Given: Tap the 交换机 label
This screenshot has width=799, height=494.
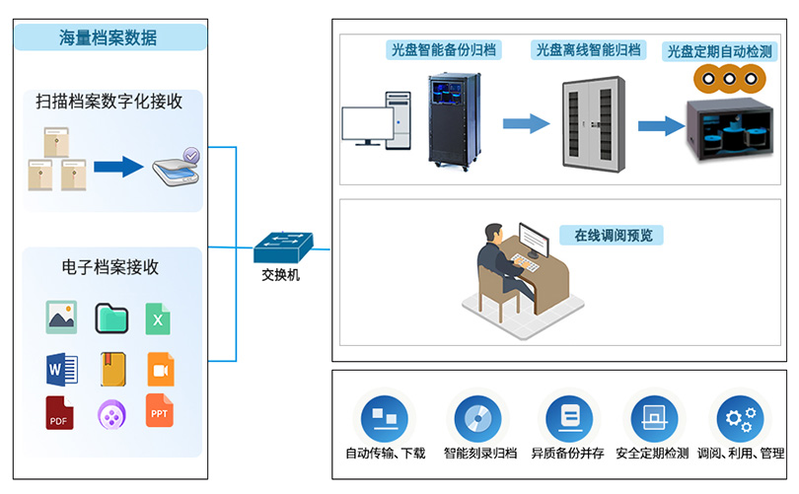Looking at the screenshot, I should [281, 276].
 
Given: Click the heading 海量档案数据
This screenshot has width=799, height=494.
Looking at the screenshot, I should [109, 38].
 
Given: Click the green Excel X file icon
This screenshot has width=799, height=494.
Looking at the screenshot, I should [158, 318].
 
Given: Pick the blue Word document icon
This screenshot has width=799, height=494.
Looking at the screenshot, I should [61, 369].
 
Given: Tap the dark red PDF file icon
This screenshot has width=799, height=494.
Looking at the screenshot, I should [60, 413].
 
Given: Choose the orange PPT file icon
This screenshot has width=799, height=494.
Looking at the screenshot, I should [159, 411].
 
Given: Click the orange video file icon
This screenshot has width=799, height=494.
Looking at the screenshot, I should [160, 369].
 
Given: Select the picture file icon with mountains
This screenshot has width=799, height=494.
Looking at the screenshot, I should [61, 318].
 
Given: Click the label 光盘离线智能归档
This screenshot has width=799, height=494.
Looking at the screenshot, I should [588, 48].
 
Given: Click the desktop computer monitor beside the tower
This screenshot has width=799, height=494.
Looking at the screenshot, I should [366, 126].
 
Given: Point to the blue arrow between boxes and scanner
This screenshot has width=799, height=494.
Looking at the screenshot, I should [117, 166].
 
